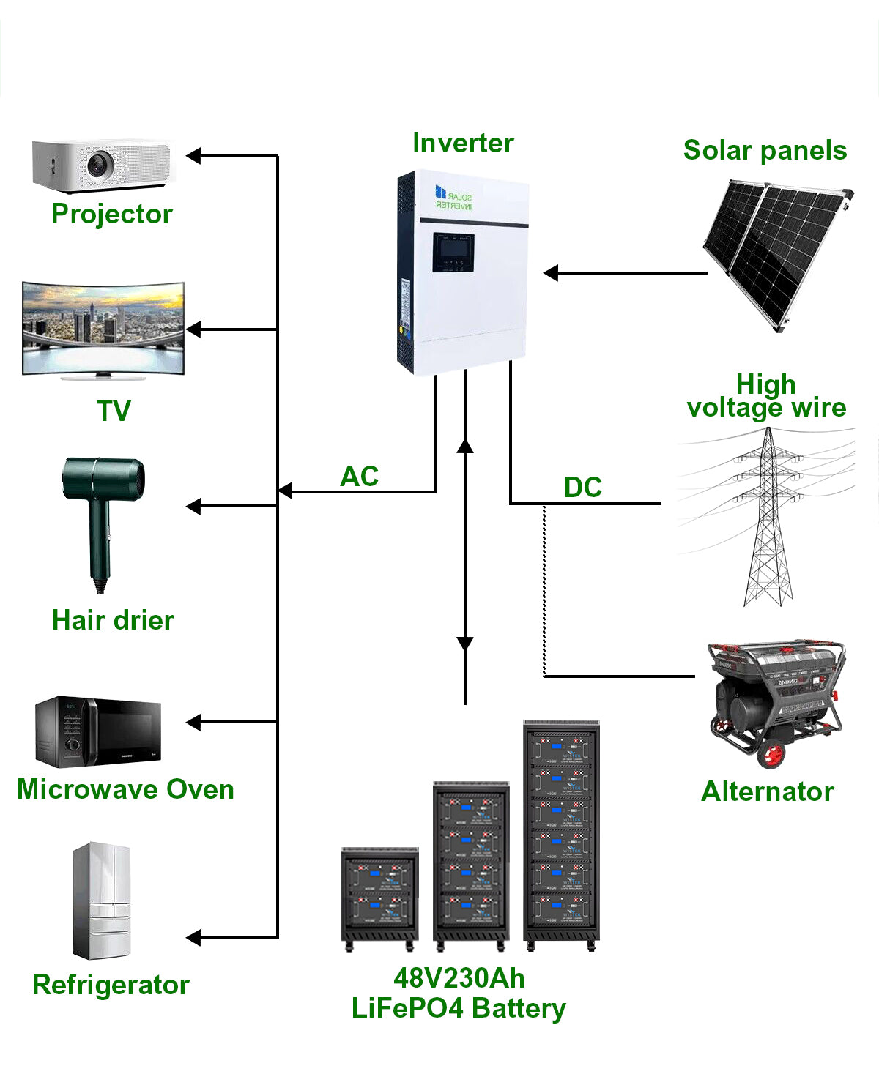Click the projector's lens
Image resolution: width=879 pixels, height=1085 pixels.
[98, 164]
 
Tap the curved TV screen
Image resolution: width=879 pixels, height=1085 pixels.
[103, 327]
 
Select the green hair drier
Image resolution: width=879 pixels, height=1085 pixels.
[102, 512]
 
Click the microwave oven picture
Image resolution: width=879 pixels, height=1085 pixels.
[97, 731]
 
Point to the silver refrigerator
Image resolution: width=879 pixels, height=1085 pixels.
[102, 900]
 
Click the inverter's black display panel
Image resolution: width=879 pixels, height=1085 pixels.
[452, 252]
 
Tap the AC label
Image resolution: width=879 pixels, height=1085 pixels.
[359, 477]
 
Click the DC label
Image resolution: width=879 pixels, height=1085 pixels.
[582, 488]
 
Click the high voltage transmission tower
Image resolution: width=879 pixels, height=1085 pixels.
[768, 520]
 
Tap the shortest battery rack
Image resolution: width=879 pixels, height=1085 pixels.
[379, 896]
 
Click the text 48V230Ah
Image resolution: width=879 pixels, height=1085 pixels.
[459, 978]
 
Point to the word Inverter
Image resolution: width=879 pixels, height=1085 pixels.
[463, 143]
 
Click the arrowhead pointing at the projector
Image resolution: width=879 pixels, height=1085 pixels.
[193, 156]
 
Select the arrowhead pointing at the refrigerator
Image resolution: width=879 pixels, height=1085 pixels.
[193, 938]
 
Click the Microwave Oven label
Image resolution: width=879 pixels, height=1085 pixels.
[125, 789]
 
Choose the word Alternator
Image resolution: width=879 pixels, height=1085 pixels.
[767, 791]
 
